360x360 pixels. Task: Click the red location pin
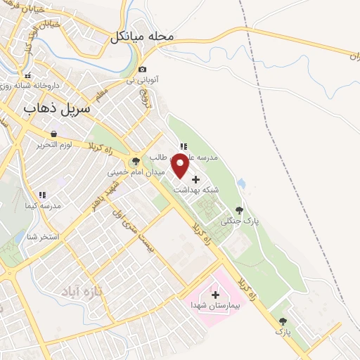click(180, 167)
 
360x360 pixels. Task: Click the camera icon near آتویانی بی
click(143, 69)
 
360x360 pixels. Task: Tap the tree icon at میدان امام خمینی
click(136, 161)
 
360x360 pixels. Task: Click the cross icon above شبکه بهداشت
click(195, 179)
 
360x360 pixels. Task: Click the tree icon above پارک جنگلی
click(239, 210)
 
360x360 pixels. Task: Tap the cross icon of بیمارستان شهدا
click(215, 295)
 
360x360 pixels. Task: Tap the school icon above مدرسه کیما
click(42, 195)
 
